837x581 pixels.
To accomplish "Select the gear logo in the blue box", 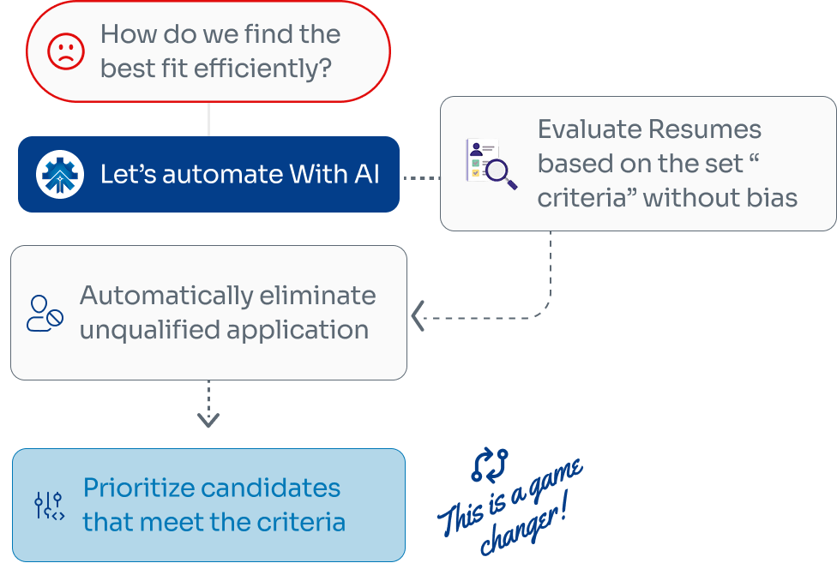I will (59, 174).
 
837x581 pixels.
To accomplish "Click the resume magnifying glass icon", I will (490, 164).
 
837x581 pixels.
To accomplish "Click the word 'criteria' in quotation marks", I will (587, 198).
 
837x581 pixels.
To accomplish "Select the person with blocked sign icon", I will (45, 313).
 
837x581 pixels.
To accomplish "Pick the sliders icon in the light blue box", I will (49, 505).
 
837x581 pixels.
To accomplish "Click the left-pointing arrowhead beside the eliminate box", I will (418, 316).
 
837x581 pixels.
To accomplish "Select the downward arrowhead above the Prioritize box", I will (208, 420).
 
